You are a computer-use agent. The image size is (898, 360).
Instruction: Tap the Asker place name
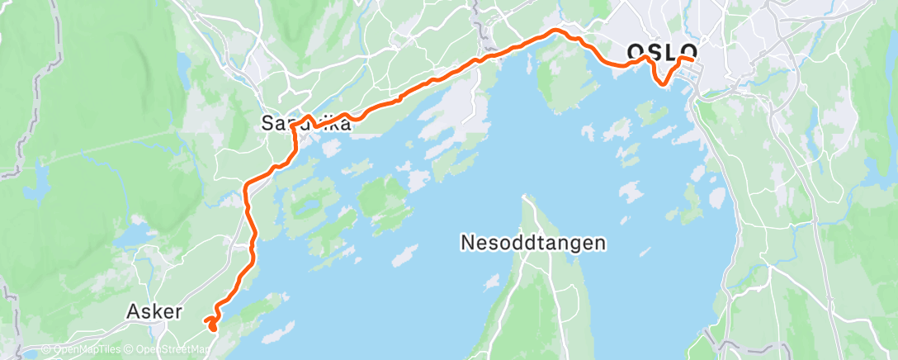click(153, 311)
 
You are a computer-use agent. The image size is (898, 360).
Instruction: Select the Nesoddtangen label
click(534, 243)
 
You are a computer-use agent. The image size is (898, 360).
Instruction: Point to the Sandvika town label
click(306, 125)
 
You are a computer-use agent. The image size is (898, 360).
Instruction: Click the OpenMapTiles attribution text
click(83, 350)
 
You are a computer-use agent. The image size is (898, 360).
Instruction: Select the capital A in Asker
click(134, 311)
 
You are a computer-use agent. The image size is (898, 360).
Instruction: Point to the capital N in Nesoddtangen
click(467, 243)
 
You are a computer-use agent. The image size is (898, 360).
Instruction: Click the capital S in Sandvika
click(267, 125)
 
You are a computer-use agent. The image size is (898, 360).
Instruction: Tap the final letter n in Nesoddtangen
click(601, 244)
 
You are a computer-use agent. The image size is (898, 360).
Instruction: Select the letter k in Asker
click(155, 311)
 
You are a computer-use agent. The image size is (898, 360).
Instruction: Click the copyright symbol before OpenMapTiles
click(46, 350)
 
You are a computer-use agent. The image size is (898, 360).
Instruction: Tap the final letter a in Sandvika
click(345, 126)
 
